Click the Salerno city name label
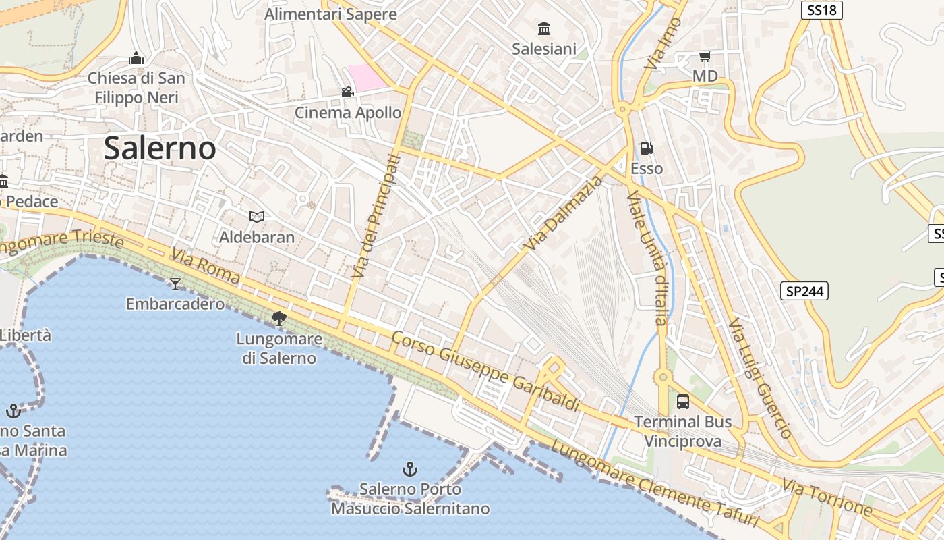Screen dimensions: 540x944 click(160, 148)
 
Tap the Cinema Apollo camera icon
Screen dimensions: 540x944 click(347, 92)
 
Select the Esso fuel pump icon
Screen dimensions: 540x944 click(646, 148)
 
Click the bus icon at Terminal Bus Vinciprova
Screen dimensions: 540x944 click(682, 402)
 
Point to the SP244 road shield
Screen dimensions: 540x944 click(804, 291)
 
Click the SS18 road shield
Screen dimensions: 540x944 click(822, 10)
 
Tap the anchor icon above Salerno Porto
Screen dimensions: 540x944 click(409, 468)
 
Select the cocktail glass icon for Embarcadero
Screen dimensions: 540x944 click(175, 283)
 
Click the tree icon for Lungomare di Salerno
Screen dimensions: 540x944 click(278, 318)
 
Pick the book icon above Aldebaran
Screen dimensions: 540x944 click(256, 217)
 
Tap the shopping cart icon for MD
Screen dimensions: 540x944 click(705, 56)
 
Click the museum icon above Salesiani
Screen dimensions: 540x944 click(544, 28)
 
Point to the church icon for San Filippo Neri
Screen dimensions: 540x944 click(136, 58)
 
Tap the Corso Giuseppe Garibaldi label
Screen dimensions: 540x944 click(485, 371)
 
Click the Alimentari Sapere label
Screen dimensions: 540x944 click(330, 14)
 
